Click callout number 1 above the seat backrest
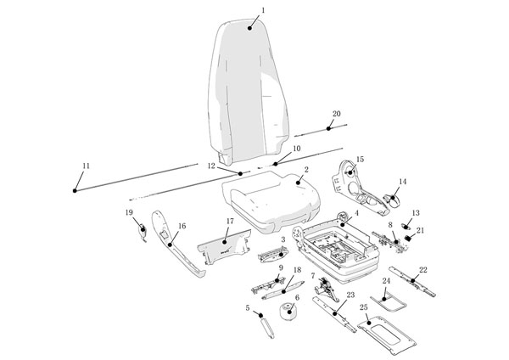pyautogui.click(x=263, y=10)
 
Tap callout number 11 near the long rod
pyautogui.click(x=85, y=165)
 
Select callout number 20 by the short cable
pyautogui.click(x=336, y=113)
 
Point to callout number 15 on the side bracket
pyautogui.click(x=360, y=159)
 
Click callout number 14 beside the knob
pyautogui.click(x=403, y=182)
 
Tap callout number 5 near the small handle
pyautogui.click(x=248, y=307)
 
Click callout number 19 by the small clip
pyautogui.click(x=129, y=212)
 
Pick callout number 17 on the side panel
pyautogui.click(x=229, y=222)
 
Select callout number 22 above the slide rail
pyautogui.click(x=422, y=270)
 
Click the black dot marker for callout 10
pyautogui.click(x=275, y=164)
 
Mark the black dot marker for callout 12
pyautogui.click(x=241, y=173)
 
